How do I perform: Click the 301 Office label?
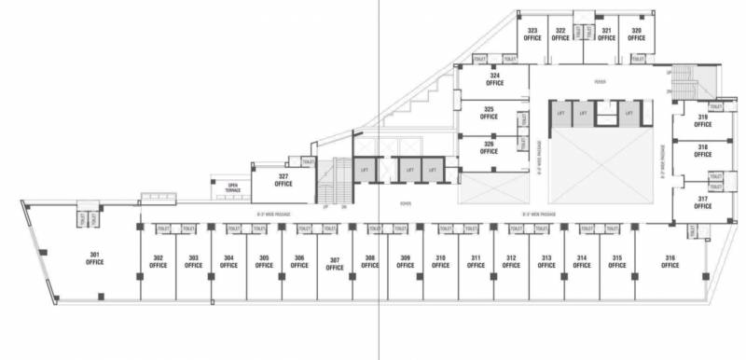(94, 258)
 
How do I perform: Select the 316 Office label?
(670, 261)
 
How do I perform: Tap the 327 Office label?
(283, 179)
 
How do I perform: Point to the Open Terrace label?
(231, 187)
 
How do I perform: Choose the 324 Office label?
(494, 78)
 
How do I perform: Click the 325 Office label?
(488, 114)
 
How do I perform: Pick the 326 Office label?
(488, 147)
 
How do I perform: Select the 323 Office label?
(532, 35)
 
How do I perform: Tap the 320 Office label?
(636, 35)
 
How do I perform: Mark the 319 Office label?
(702, 120)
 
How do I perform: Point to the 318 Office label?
(702, 152)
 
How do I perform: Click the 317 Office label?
(702, 202)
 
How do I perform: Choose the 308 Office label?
(370, 261)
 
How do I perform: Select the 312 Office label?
(511, 261)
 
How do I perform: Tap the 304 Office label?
(228, 261)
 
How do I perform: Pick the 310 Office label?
(440, 261)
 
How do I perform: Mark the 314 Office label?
(581, 261)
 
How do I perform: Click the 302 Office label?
(159, 261)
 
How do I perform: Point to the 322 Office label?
(560, 35)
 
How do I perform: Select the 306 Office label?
(299, 261)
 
